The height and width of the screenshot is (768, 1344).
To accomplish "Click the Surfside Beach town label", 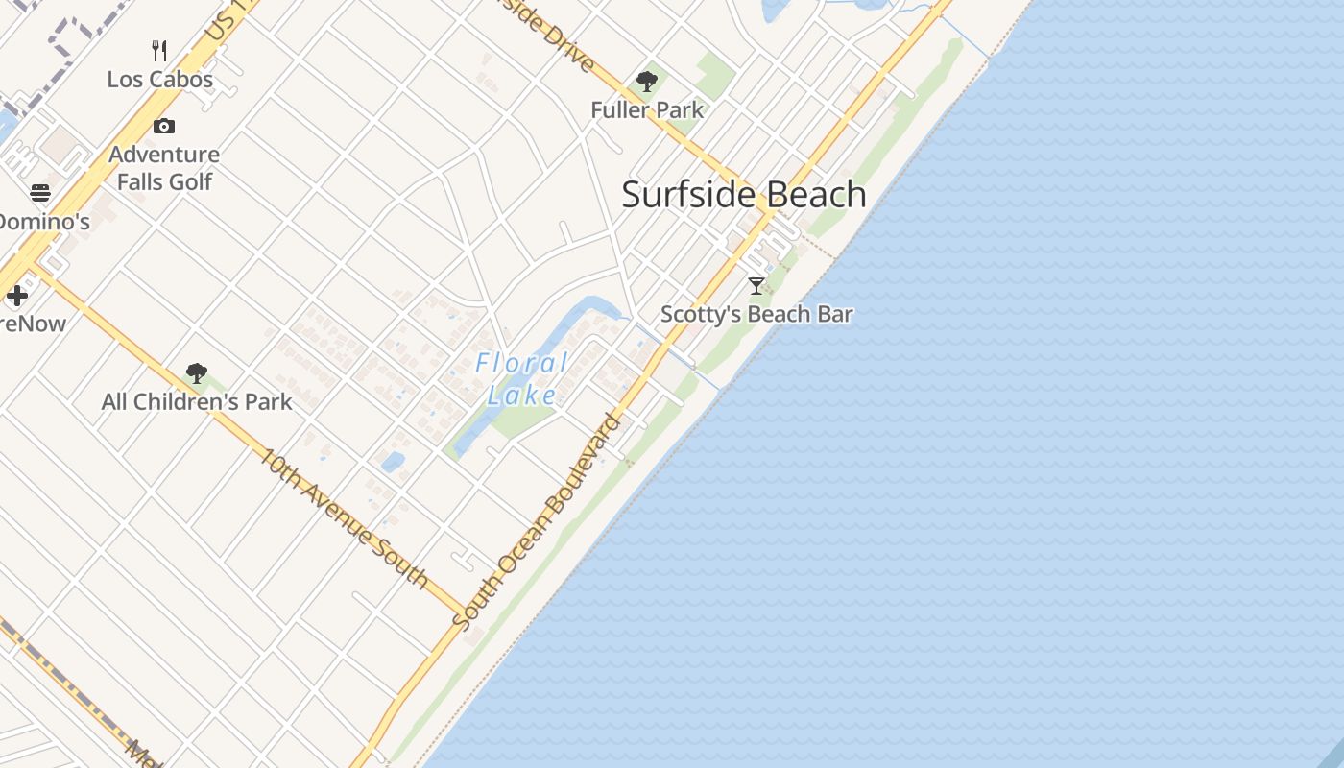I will [744, 195].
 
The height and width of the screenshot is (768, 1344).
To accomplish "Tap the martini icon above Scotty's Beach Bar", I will [756, 285].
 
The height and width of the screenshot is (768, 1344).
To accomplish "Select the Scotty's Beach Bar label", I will [756, 314].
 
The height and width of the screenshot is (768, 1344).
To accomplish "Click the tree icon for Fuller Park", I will [647, 82].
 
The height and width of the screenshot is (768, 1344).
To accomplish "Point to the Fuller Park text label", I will [647, 110].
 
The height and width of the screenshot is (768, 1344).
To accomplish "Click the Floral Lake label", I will [522, 378].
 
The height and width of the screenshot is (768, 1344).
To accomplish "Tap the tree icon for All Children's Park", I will [197, 373].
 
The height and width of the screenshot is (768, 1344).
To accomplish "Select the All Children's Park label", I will [197, 401].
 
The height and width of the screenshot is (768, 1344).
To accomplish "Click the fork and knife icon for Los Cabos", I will [160, 50].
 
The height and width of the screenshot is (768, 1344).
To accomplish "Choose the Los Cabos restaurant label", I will [160, 79].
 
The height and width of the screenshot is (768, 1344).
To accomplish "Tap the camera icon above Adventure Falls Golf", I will [164, 126].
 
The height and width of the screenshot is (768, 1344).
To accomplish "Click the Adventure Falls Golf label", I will [164, 168].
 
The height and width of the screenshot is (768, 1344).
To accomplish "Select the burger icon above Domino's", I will [40, 193].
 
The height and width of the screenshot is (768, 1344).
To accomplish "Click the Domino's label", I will [43, 222].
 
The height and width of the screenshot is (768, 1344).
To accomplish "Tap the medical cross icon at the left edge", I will [17, 296].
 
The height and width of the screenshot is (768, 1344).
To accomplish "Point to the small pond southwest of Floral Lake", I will [393, 463].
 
